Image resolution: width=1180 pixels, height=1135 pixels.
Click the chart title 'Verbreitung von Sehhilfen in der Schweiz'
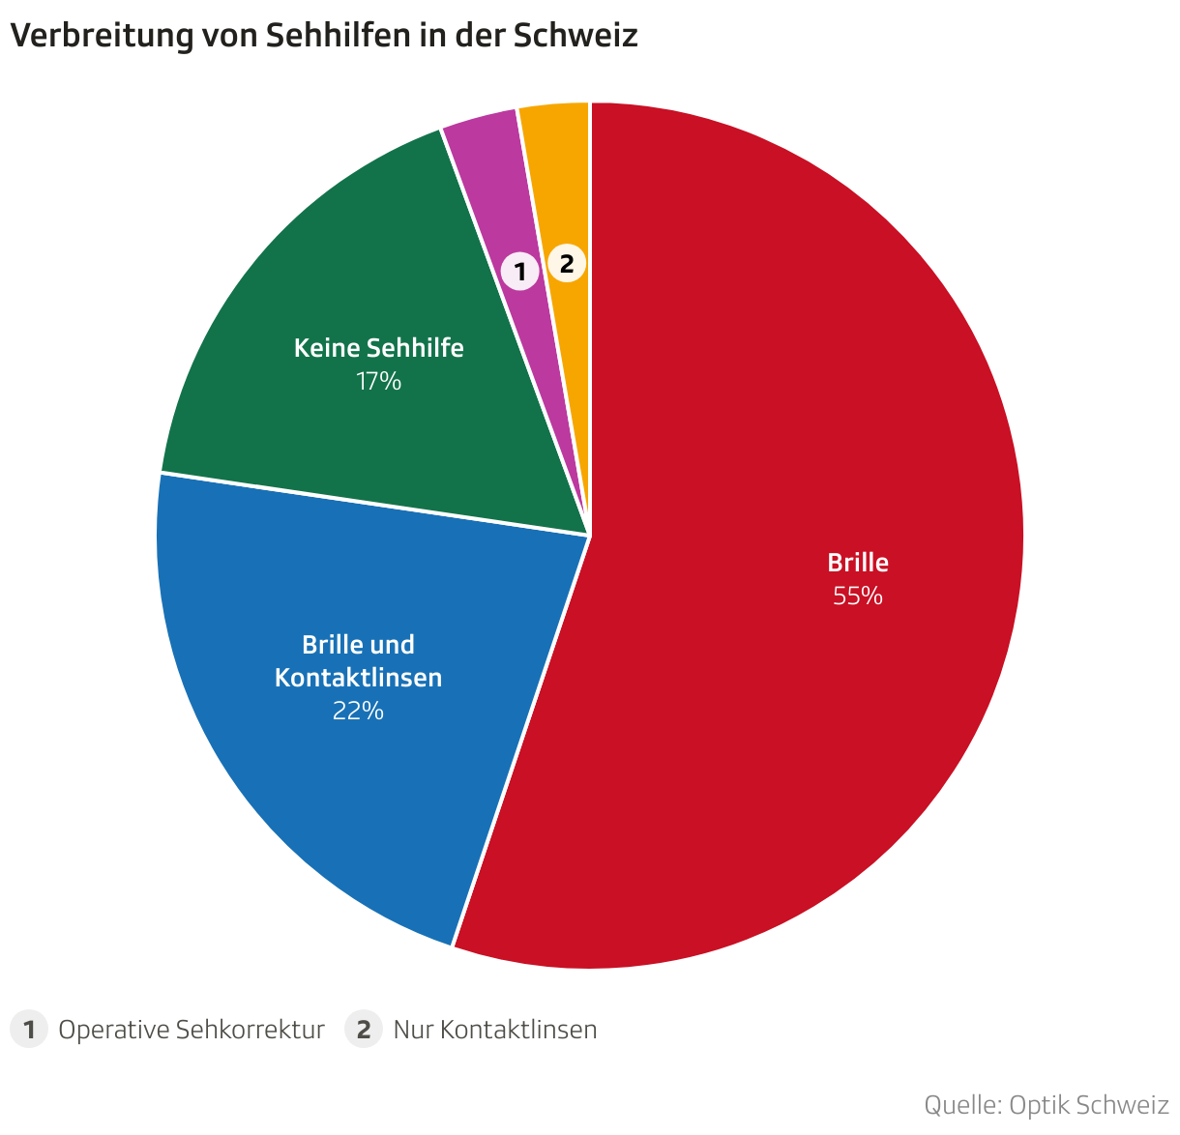tap(324, 36)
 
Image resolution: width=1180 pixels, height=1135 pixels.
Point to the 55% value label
tap(858, 597)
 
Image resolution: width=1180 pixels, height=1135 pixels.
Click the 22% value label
tap(358, 712)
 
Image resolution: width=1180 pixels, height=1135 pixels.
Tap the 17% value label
tap(378, 382)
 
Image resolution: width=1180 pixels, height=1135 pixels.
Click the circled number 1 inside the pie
tap(519, 272)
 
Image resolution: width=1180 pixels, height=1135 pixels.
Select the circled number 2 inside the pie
tap(567, 263)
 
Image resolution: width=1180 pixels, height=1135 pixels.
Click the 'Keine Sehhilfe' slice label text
tap(379, 348)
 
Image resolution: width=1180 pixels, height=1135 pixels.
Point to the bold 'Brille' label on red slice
tap(858, 563)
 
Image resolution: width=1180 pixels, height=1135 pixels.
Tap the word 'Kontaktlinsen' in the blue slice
tap(358, 678)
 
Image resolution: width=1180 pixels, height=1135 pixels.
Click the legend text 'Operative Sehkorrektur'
tap(192, 1030)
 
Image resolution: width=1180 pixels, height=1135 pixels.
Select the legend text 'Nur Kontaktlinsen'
tap(495, 1030)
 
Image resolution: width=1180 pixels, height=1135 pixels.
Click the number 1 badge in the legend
tap(29, 1030)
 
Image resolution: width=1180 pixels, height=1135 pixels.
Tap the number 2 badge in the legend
tap(364, 1030)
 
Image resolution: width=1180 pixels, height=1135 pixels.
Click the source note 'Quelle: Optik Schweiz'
tap(1047, 1105)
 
